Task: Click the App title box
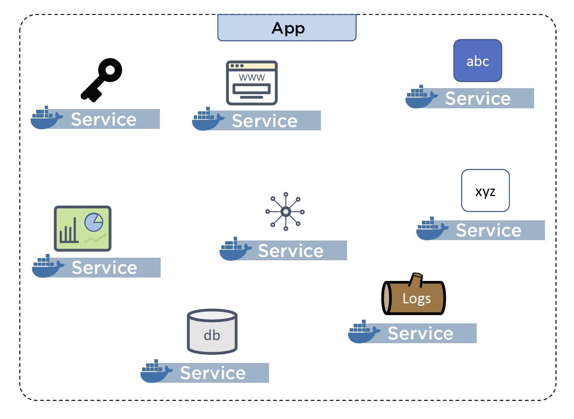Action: (x=287, y=28)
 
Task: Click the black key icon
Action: (x=101, y=80)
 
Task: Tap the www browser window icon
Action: (x=252, y=83)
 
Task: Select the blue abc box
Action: (x=477, y=60)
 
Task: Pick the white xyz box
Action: (x=485, y=191)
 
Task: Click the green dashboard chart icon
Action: (x=82, y=228)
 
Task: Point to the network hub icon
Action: (x=285, y=212)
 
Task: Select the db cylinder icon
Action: (x=212, y=332)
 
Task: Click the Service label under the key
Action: (x=104, y=119)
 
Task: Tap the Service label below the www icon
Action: (x=265, y=121)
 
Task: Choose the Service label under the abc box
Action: (x=478, y=99)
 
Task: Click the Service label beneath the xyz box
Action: (x=489, y=230)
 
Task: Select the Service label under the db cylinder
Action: (x=213, y=373)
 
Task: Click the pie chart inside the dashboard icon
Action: (x=94, y=222)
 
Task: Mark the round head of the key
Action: (x=110, y=69)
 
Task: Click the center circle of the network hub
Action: (x=286, y=212)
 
